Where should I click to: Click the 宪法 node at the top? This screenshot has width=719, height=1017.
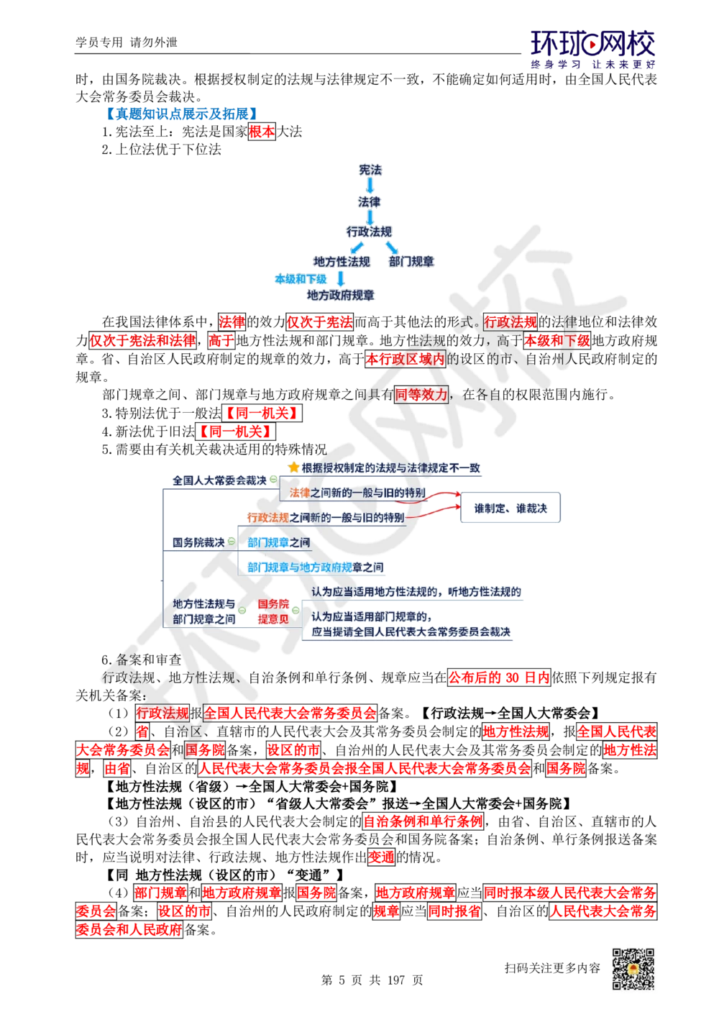pyautogui.click(x=370, y=170)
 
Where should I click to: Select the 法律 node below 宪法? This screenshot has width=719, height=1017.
pyautogui.click(x=370, y=202)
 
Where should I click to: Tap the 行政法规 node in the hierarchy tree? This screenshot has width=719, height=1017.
pyautogui.click(x=369, y=232)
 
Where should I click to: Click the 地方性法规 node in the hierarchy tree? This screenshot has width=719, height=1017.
pyautogui.click(x=341, y=262)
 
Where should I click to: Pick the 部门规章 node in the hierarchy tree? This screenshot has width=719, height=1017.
pyautogui.click(x=412, y=262)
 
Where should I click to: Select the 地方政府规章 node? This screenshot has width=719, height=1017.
pyautogui.click(x=341, y=295)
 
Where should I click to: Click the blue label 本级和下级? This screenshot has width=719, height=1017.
pyautogui.click(x=300, y=279)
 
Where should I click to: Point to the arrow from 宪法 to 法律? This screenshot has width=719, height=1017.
pyautogui.click(x=370, y=186)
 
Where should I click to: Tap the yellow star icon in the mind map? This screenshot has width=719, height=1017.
pyautogui.click(x=293, y=468)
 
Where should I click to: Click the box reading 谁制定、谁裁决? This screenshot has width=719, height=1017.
pyautogui.click(x=510, y=508)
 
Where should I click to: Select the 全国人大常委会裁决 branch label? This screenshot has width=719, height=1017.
pyautogui.click(x=219, y=480)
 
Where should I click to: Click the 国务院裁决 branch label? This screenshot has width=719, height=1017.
pyautogui.click(x=198, y=542)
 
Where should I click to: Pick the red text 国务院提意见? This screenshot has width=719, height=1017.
pyautogui.click(x=273, y=611)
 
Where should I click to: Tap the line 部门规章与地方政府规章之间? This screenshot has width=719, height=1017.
pyautogui.click(x=315, y=567)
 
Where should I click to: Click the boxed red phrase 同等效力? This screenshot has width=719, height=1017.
pyautogui.click(x=421, y=394)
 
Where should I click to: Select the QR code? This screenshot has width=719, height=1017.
pyautogui.click(x=633, y=969)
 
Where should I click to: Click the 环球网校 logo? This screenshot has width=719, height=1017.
pyautogui.click(x=593, y=49)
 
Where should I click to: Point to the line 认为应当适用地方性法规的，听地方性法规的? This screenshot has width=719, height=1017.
pyautogui.click(x=416, y=592)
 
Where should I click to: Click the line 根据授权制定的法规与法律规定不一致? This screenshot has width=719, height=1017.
pyautogui.click(x=390, y=468)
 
